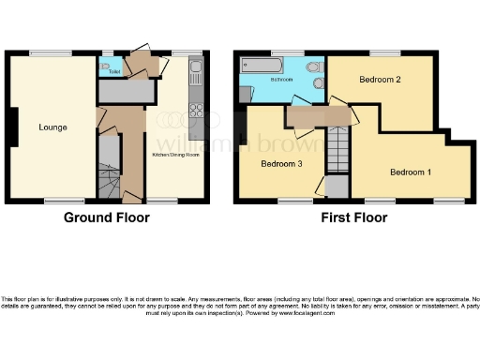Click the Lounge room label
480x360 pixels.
click(52, 126)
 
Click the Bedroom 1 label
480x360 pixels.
click(411, 172)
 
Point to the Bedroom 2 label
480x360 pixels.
click(380, 81)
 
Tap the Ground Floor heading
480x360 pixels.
click(106, 217)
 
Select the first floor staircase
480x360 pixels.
click(337, 150)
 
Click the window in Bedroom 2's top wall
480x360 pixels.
click(381, 52)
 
